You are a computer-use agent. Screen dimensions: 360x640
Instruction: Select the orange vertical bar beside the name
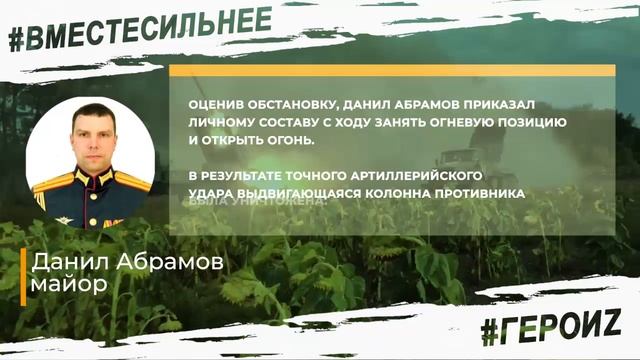point(23,275)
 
